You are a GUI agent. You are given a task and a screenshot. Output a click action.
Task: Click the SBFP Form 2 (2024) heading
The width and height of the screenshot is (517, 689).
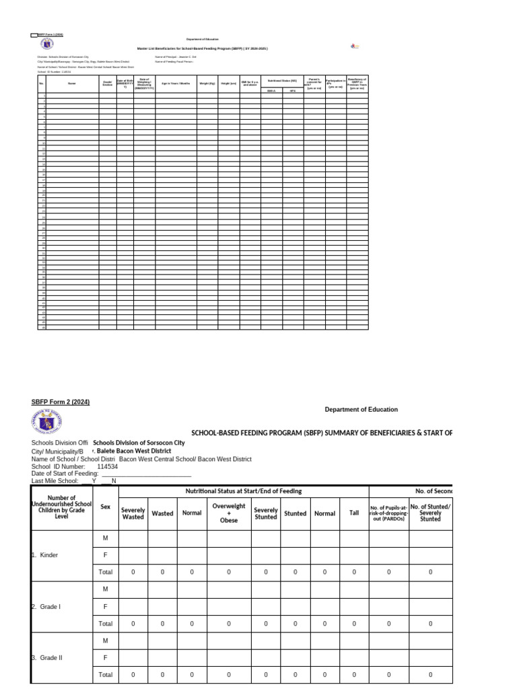(x=61, y=402)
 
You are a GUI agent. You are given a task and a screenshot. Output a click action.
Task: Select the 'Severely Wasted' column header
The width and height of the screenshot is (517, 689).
(x=133, y=513)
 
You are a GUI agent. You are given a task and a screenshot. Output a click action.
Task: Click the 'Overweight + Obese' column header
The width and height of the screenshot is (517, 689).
(x=229, y=513)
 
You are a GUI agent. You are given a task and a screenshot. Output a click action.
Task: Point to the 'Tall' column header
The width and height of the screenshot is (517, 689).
(x=354, y=513)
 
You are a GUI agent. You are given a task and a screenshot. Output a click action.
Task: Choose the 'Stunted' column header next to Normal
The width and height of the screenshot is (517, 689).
(x=295, y=513)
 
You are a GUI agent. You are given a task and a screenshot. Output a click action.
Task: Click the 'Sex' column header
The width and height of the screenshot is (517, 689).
(x=106, y=508)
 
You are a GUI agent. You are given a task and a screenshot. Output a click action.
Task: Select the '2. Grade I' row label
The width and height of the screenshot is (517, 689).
(x=46, y=606)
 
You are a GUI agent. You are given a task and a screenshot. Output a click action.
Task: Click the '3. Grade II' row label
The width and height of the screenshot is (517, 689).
(x=46, y=657)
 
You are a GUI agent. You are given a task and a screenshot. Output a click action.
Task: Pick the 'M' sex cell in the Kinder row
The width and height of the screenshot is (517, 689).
(x=106, y=538)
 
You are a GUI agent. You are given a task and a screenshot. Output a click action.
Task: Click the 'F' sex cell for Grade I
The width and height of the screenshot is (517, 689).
(x=106, y=606)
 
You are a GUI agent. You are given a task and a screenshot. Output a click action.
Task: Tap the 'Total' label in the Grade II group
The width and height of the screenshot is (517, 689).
(x=106, y=674)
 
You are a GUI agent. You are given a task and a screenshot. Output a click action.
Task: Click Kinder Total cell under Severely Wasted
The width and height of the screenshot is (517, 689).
(x=133, y=572)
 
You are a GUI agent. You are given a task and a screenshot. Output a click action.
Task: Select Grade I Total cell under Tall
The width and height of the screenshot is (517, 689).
(x=354, y=623)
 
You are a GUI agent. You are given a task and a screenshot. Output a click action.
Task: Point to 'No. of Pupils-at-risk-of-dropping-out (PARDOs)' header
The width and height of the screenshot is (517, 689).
(x=388, y=513)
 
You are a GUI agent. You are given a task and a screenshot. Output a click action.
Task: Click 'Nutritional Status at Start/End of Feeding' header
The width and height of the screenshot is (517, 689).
(x=244, y=491)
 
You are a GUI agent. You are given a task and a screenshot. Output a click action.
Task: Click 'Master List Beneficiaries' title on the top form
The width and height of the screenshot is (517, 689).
(x=202, y=48)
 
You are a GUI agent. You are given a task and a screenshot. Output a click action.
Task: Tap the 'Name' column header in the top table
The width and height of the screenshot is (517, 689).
(x=72, y=83)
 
